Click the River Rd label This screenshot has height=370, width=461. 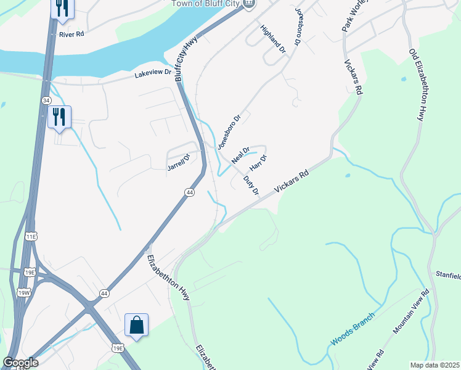71,35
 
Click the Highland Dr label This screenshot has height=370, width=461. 274,38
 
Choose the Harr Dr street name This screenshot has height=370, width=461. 258,163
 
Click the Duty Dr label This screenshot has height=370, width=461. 251,185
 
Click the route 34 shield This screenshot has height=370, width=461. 46,100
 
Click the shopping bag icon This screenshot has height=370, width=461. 136,325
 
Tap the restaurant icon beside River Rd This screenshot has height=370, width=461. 62,8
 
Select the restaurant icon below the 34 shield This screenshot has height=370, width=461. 59,117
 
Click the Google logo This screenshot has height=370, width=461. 20,363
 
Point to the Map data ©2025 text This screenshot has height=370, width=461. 435,365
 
